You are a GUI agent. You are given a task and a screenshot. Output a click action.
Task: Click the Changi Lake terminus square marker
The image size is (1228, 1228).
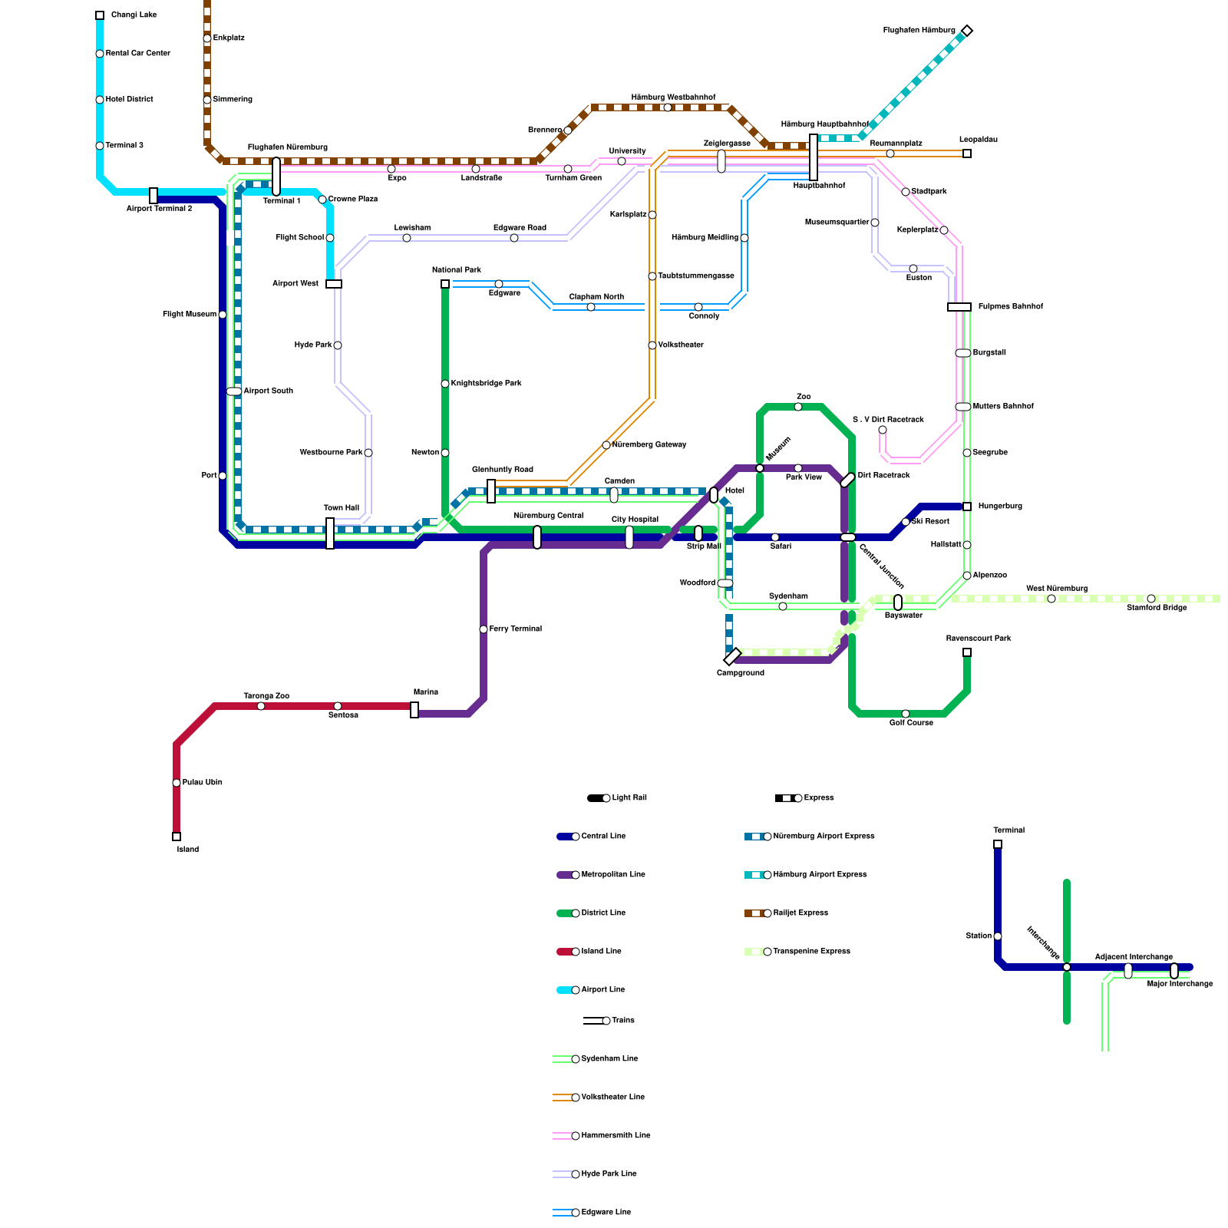coord(100,15)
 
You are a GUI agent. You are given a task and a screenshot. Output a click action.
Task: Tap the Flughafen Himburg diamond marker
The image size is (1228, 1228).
coord(967,31)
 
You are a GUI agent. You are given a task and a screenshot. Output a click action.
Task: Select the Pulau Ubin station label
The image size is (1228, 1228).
coord(203,783)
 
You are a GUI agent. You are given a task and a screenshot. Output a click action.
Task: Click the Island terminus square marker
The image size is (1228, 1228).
coord(177,837)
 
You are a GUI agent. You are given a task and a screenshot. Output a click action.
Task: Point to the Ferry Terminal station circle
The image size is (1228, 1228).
coord(484,629)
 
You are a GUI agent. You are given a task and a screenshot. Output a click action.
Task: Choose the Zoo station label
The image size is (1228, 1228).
coord(804,397)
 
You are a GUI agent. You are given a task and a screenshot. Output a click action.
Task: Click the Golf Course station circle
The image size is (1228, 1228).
coord(906,714)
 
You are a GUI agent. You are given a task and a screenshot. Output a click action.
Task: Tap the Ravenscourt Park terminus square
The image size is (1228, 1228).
coord(967,652)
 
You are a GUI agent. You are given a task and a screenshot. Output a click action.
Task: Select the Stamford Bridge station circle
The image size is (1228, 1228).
coord(1151,599)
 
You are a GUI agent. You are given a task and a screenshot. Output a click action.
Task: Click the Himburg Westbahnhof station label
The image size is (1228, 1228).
coord(673,97)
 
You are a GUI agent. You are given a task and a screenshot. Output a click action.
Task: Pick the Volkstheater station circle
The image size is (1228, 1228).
coord(652,345)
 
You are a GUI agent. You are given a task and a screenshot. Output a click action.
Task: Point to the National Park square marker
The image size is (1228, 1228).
coord(445,284)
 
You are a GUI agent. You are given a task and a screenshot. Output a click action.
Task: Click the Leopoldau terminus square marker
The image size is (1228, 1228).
coord(967,153)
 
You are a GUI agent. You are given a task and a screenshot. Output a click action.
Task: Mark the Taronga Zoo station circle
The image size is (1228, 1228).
coord(261,706)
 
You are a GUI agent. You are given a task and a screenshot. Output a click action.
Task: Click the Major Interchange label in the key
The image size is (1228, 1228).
coord(1180,984)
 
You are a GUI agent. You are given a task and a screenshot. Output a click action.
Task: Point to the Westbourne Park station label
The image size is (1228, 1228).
coord(331,453)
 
